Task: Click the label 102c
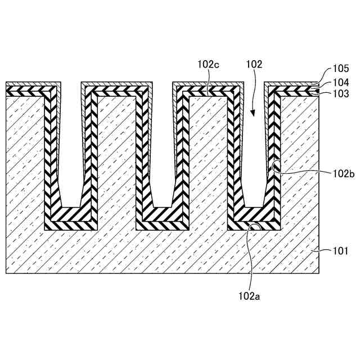point(208,65)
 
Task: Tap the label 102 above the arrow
point(254,65)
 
